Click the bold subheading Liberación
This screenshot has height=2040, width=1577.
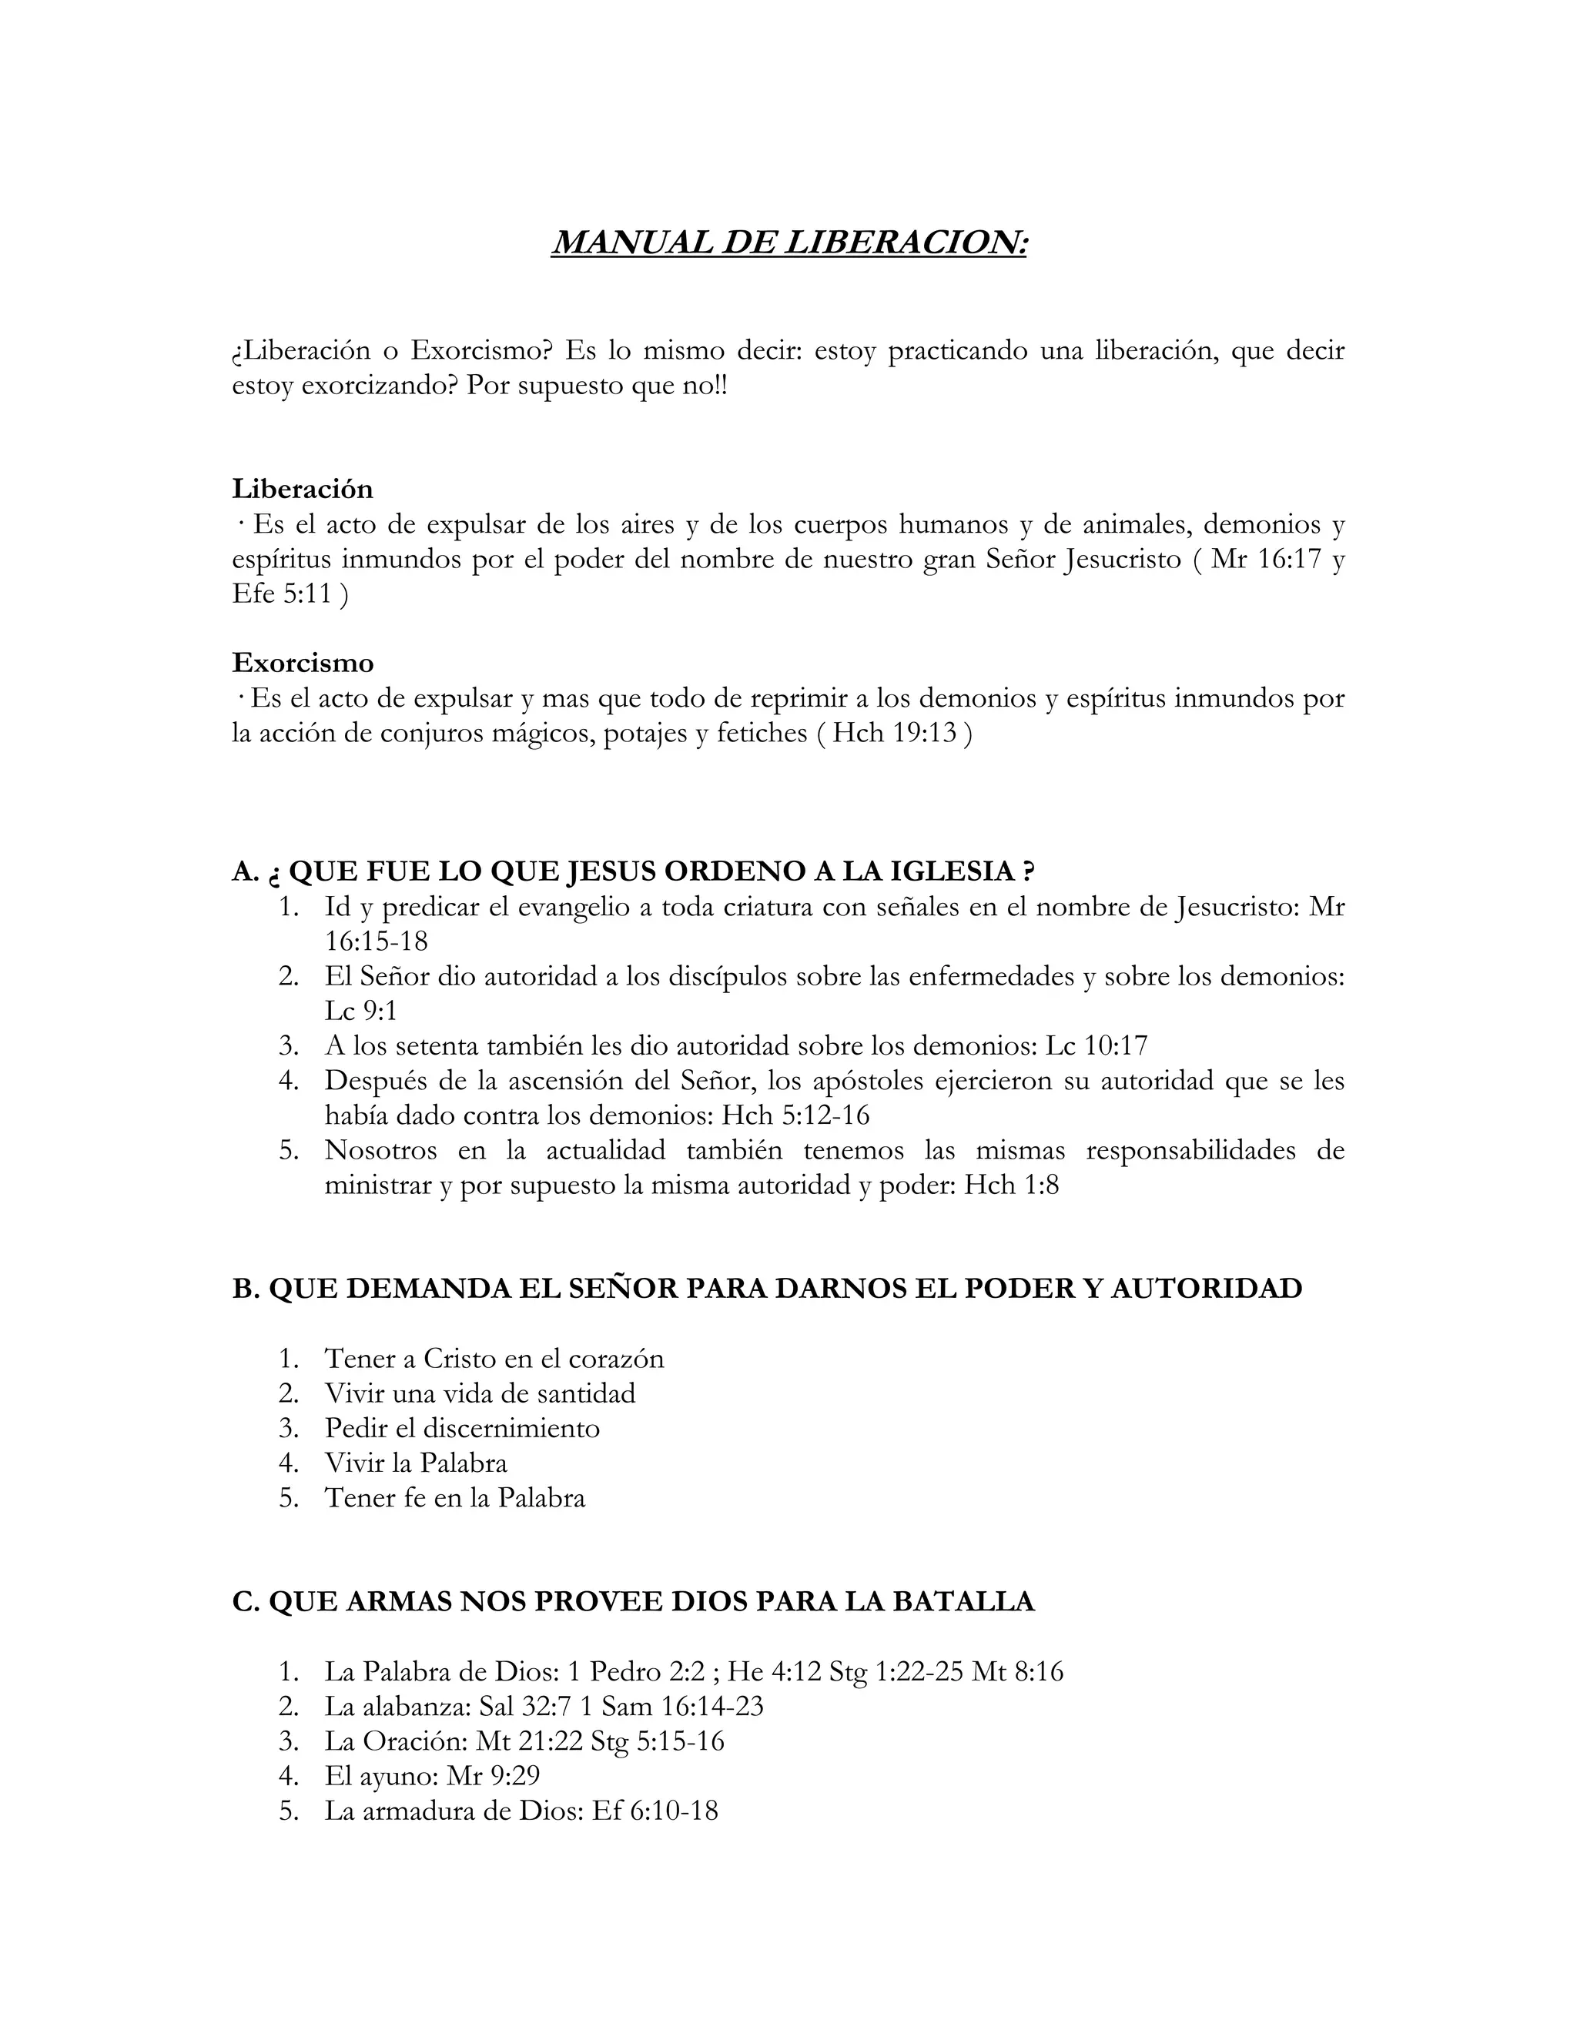coord(302,489)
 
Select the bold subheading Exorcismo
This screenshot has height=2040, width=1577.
coord(303,662)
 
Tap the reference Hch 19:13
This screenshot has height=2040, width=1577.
coord(894,733)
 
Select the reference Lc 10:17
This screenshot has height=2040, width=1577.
coord(1096,1045)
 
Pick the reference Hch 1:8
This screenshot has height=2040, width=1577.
coord(1012,1186)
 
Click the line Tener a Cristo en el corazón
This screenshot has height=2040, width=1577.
coord(494,1358)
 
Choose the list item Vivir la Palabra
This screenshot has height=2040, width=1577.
coord(416,1463)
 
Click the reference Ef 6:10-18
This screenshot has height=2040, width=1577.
coord(655,1811)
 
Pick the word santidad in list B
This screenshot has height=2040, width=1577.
coord(579,1393)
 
